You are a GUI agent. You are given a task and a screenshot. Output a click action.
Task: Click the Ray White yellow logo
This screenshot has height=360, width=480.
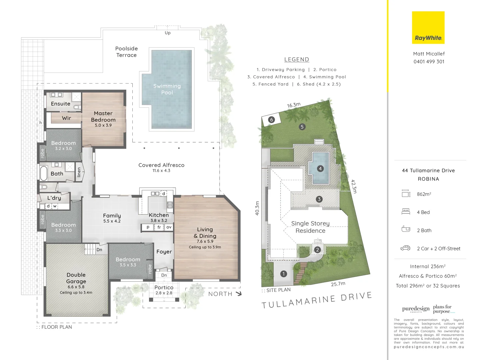tap(428, 28)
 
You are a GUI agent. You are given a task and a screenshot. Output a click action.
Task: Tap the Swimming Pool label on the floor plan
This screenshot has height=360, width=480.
tap(167, 89)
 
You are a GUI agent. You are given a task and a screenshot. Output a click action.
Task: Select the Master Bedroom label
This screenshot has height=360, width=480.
tap(103, 117)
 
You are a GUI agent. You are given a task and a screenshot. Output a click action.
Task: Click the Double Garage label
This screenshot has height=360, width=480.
tap(76, 278)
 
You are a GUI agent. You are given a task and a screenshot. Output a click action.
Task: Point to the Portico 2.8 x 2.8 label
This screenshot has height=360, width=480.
tap(164, 290)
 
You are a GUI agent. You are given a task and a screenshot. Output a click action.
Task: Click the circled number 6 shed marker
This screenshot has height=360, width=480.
tap(271, 120)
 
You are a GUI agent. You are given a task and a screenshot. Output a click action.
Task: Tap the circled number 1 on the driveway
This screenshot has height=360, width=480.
tap(284, 274)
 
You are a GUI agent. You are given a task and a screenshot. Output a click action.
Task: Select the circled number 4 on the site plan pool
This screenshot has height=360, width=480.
tap(320, 168)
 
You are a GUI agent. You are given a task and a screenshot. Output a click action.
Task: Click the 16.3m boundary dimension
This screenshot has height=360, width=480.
tap(294, 105)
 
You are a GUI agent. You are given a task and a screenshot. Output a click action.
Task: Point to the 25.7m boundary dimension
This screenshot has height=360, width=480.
tap(338, 284)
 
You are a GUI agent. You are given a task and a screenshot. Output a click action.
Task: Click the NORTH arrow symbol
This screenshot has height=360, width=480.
tap(238, 294)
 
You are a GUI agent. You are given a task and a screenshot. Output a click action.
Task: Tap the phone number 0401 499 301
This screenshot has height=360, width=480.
tap(429, 62)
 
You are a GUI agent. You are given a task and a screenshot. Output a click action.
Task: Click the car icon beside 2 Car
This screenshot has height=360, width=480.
tap(405, 248)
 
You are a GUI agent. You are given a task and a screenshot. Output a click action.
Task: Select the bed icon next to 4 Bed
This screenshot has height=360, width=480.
tap(406, 211)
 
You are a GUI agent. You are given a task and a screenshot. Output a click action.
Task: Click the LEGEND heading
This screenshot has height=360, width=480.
tap(297, 60)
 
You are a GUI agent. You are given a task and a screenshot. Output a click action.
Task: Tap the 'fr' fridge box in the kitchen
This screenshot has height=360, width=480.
tap(159, 227)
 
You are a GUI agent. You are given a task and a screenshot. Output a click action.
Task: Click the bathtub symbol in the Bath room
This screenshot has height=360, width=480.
tap(44, 173)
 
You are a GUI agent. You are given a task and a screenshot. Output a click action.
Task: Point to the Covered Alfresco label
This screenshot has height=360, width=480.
tap(161, 165)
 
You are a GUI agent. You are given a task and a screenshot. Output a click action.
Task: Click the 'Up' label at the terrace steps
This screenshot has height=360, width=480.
tap(168, 33)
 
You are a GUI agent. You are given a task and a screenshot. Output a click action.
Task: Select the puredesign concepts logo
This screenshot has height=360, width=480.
tap(416, 309)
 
